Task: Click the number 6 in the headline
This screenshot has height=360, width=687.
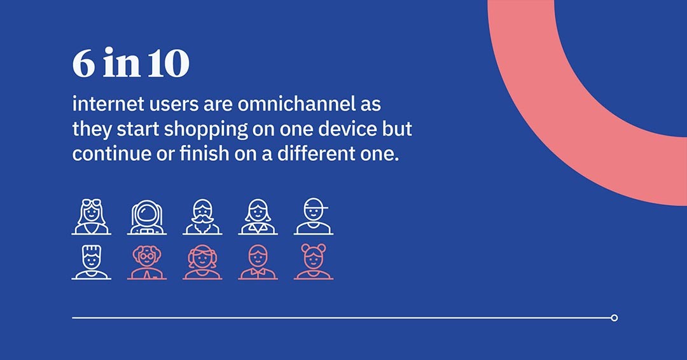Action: pos(84,64)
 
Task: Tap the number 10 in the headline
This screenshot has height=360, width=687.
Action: pos(168,64)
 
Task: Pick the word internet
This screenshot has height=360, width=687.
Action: pos(108,104)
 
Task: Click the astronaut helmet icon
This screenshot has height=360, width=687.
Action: pos(147,217)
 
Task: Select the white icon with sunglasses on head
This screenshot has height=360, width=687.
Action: pos(91,217)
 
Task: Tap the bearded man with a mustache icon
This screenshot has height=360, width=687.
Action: pos(202,217)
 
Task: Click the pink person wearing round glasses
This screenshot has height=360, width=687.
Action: pos(147,262)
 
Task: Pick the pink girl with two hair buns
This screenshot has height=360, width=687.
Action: pos(313,261)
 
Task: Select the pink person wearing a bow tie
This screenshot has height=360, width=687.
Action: pos(258,262)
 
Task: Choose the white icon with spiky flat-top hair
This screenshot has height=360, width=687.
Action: pos(91,262)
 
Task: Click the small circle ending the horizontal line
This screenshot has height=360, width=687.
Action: pos(614,318)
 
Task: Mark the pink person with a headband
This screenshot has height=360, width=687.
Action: pos(202,262)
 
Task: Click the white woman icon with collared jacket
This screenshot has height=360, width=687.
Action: pos(258,217)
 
